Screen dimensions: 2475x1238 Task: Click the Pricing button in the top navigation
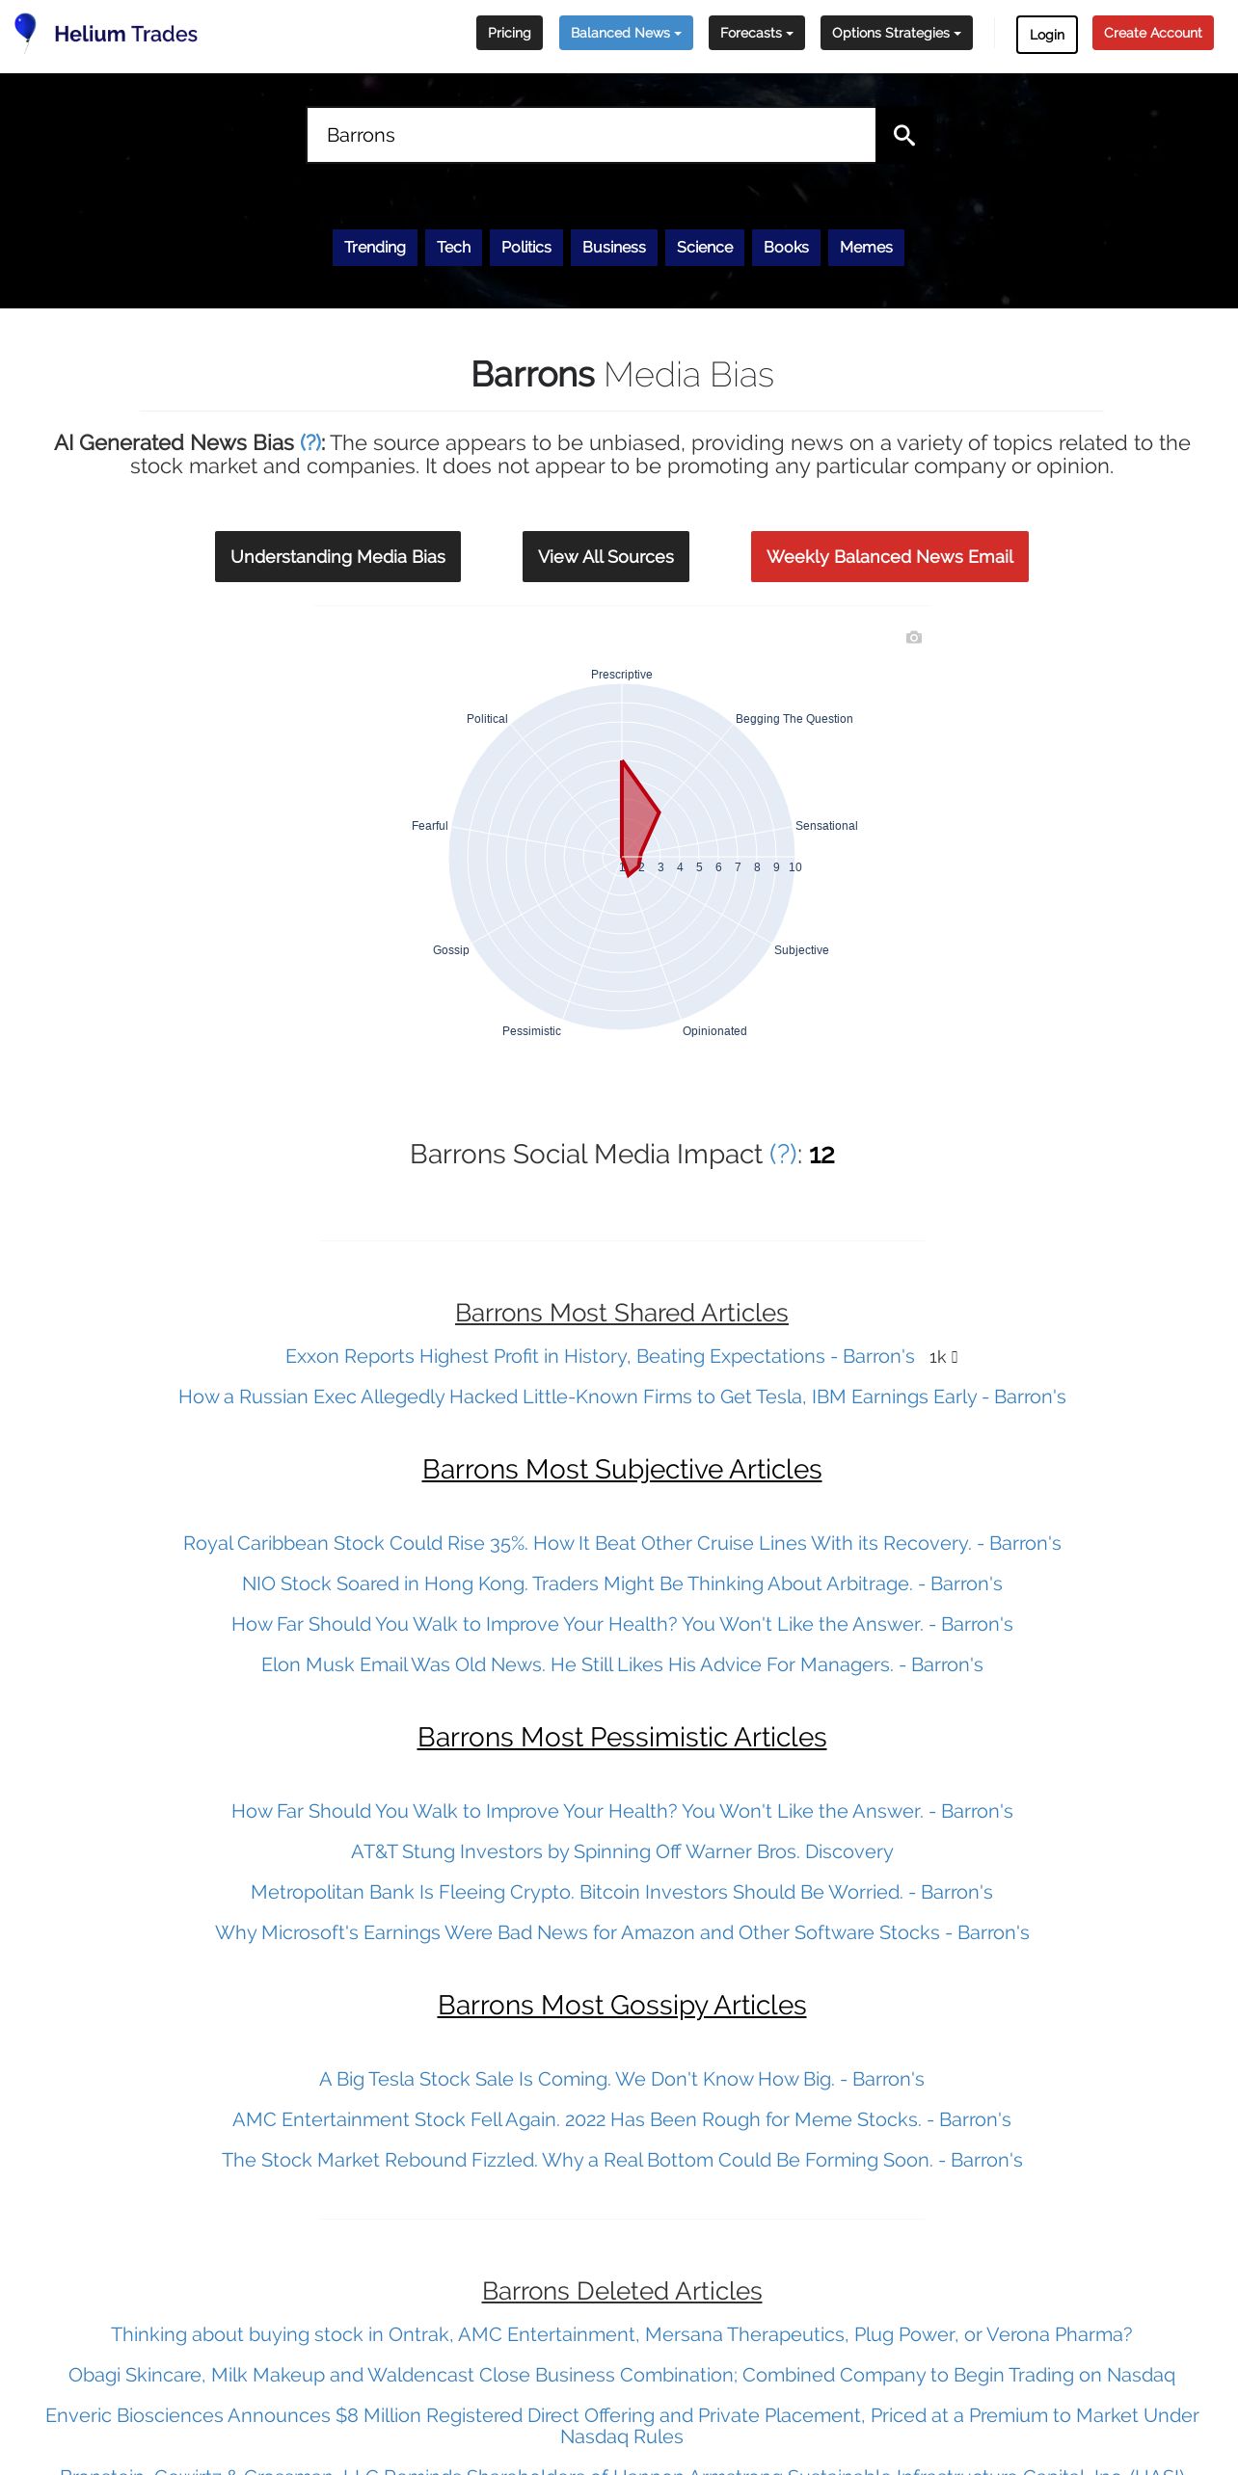[509, 33]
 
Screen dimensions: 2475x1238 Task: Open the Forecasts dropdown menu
[756, 33]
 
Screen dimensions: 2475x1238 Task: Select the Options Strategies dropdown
[896, 33]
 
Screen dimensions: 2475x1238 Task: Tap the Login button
[1046, 35]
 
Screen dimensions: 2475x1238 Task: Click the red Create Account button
[1152, 33]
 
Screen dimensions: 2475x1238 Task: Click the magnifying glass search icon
[903, 135]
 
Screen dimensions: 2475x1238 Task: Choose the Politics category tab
[525, 247]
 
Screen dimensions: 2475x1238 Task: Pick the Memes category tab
[866, 247]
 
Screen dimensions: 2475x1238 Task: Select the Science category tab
[705, 247]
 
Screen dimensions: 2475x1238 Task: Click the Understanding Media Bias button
[337, 556]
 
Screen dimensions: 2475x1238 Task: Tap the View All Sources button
[606, 556]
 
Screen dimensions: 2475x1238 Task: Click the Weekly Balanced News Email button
[889, 556]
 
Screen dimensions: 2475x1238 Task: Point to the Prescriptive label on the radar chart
[621, 675]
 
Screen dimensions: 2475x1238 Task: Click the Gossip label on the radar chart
[450, 950]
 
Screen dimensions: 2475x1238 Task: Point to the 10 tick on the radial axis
[795, 867]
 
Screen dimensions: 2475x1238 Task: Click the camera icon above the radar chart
[914, 637]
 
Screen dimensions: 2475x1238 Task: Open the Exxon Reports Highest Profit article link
[600, 1356]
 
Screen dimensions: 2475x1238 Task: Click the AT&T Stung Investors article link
[622, 1851]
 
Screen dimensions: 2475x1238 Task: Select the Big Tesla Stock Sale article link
[622, 2079]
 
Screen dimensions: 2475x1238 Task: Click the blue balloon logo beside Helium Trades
[25, 29]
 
